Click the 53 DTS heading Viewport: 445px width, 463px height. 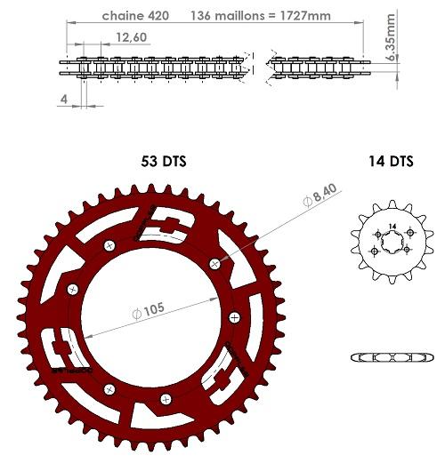pos(164,162)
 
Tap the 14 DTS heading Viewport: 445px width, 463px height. pos(391,162)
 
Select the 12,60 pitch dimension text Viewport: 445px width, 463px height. pos(132,37)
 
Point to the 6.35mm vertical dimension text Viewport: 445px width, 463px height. pos(392,36)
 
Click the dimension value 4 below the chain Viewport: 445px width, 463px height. pos(64,100)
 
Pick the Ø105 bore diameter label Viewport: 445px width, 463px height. pos(149,311)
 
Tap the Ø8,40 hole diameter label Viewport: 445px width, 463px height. pos(320,196)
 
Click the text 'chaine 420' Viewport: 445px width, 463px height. pos(135,16)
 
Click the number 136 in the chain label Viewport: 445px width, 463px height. pos(200,16)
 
